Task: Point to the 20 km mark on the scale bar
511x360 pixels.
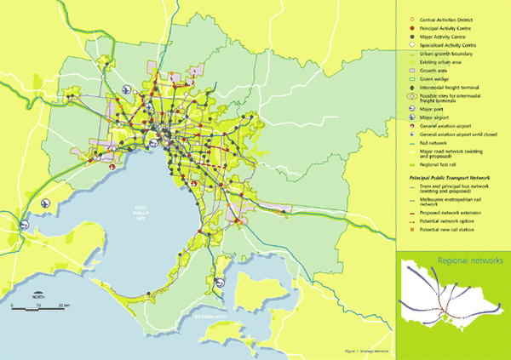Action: pyautogui.click(x=64, y=305)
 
